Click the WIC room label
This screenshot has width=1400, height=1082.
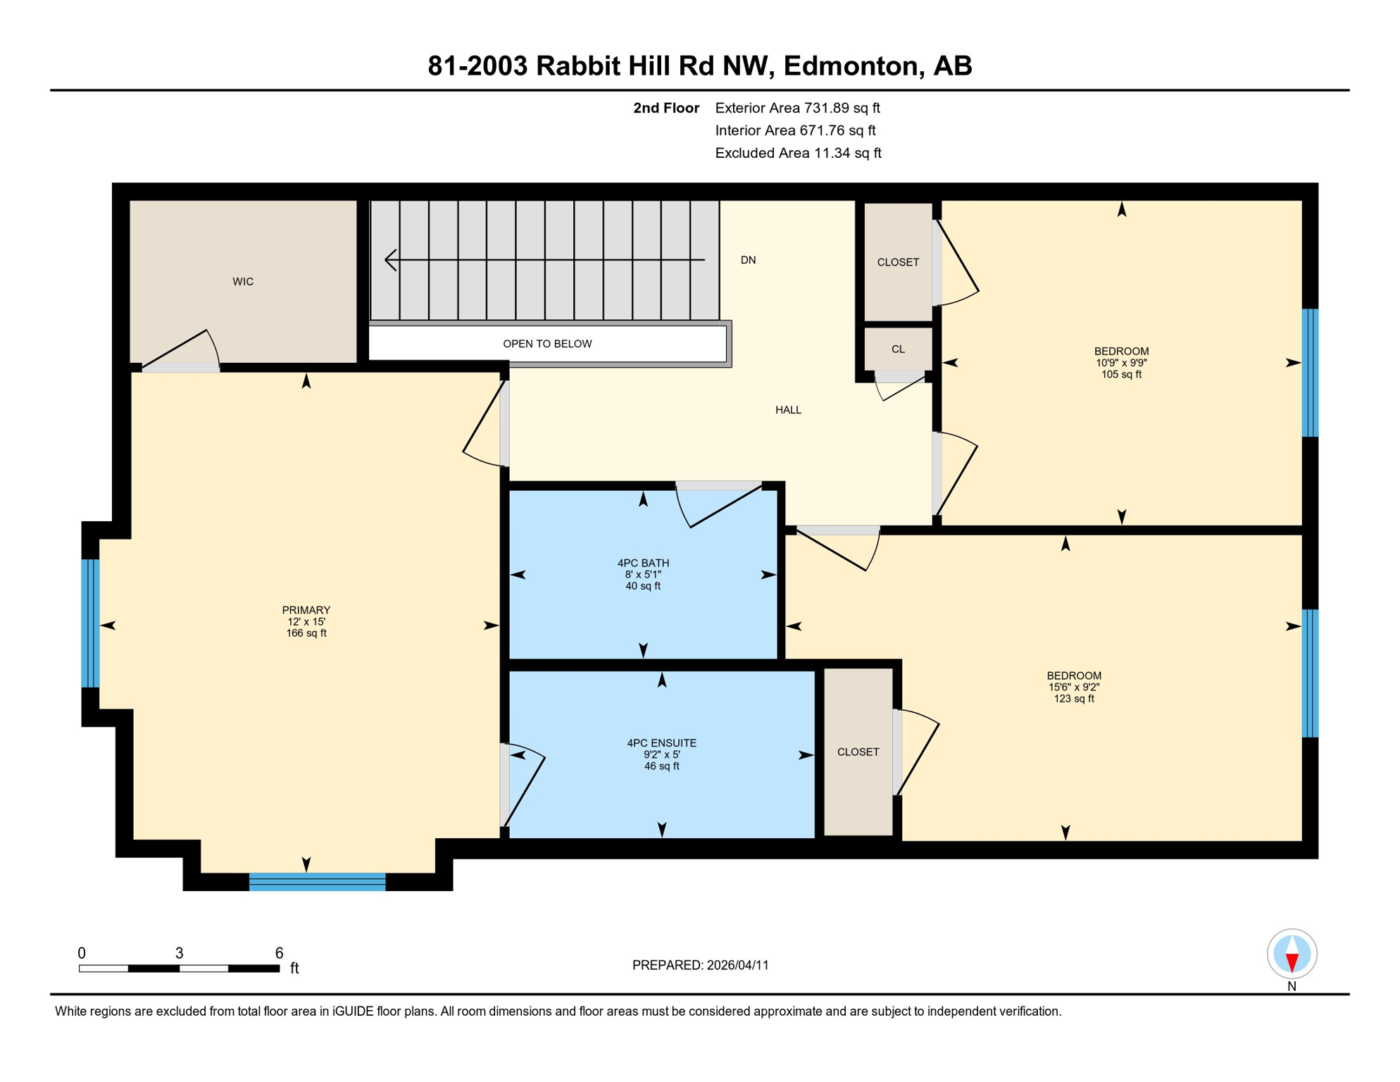point(243,282)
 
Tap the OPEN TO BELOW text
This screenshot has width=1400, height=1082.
point(547,344)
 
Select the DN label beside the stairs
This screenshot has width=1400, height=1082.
point(748,260)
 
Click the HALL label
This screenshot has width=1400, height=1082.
point(788,410)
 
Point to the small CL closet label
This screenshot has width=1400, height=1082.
point(898,349)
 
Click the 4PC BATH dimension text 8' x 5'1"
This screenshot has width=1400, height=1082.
point(643,575)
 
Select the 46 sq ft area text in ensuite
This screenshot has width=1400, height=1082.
point(661,766)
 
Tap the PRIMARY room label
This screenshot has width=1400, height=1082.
point(306,610)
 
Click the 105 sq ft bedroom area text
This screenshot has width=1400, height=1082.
point(1121,375)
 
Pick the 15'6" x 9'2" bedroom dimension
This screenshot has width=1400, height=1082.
point(1073,687)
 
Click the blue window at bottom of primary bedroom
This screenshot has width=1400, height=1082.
point(317,882)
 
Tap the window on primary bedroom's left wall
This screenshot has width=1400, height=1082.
point(90,623)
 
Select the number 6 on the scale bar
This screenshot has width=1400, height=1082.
point(279,953)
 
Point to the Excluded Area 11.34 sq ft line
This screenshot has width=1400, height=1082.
point(797,153)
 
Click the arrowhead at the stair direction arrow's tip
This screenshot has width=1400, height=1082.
point(389,260)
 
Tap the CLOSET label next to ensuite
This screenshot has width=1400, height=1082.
point(858,752)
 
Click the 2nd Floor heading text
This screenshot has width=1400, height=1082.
point(665,108)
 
